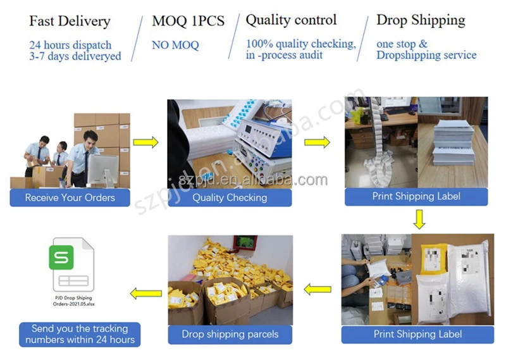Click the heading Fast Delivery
pos(70,21)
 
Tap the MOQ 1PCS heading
pos(188,21)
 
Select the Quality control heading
pos(292,20)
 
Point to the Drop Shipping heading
pos(421,20)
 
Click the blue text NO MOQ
pos(175,45)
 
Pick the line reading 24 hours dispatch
pos(70,45)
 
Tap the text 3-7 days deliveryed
pos(75,56)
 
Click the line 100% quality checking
pos(301,44)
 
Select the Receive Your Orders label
pos(70,197)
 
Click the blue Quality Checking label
pos(230,197)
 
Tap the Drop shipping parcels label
pos(230,334)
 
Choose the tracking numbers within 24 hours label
pos(80,334)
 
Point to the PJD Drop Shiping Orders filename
pos(73,301)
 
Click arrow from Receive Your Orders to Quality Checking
pos(145,142)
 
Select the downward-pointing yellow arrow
pos(418,219)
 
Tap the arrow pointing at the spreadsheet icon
pos(145,293)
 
